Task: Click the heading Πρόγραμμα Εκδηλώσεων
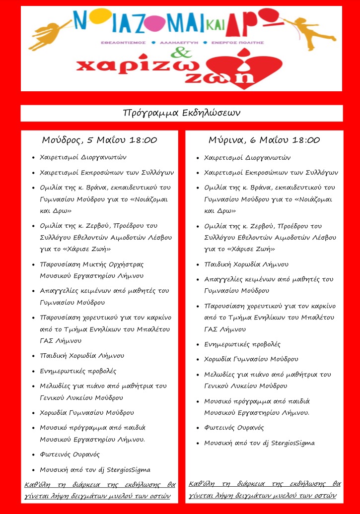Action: point(181,113)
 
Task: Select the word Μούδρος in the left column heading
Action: point(60,140)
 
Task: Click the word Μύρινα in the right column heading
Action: point(225,140)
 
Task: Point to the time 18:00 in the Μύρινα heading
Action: point(306,140)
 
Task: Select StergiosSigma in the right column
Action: point(293,443)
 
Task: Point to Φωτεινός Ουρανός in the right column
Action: point(234,427)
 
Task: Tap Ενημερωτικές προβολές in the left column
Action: point(74,371)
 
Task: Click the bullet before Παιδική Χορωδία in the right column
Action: point(198,264)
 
